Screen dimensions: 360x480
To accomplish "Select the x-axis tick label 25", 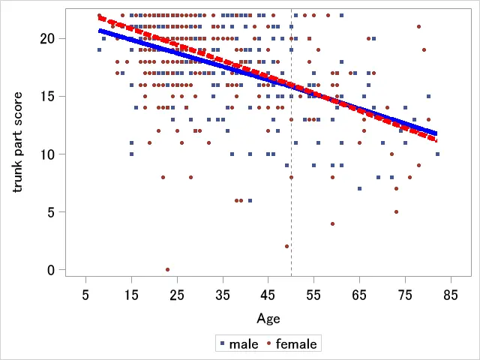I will click(x=177, y=295).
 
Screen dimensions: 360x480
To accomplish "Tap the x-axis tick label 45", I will click(x=268, y=295).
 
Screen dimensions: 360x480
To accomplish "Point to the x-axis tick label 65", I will click(x=360, y=295).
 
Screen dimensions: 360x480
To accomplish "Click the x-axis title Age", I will click(x=268, y=319).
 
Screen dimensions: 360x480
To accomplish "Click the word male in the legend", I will click(x=244, y=344).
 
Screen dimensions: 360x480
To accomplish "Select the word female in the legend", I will click(x=296, y=344).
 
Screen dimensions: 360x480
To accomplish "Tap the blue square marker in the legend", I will click(x=223, y=344).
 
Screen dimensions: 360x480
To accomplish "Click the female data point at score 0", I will click(x=167, y=269).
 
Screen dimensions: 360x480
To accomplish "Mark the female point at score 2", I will click(x=286, y=246).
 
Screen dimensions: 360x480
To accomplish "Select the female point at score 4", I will click(x=332, y=223).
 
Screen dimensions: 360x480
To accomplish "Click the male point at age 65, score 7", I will click(x=360, y=188).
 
